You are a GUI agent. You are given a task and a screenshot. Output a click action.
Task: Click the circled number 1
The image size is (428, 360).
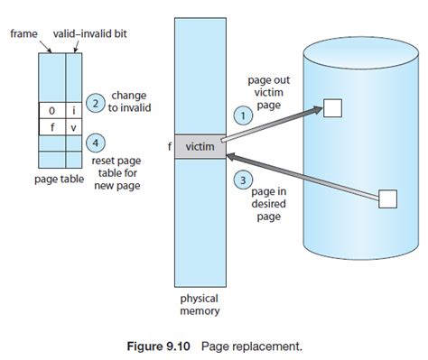pyautogui.click(x=241, y=115)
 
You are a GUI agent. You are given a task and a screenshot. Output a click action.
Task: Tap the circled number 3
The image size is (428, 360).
pyautogui.click(x=240, y=180)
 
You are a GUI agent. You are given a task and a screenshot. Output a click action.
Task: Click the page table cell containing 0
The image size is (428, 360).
pyautogui.click(x=52, y=110)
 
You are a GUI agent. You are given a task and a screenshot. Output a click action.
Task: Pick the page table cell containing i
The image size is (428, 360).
pyautogui.click(x=74, y=110)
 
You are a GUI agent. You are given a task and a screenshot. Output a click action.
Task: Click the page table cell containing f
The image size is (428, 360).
pyautogui.click(x=52, y=127)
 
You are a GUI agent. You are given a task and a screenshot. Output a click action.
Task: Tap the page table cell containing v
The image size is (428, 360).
pyautogui.click(x=74, y=127)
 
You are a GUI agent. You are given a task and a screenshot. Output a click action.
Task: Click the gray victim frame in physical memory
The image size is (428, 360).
pyautogui.click(x=199, y=146)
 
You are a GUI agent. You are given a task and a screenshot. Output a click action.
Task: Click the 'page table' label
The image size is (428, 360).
pyautogui.click(x=59, y=179)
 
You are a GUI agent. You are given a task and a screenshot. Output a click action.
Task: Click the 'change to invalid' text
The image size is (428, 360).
pyautogui.click(x=129, y=102)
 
